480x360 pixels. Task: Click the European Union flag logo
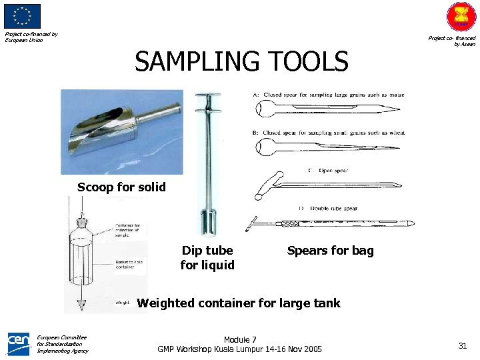click(22, 16)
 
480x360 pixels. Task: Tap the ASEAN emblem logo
click(461, 17)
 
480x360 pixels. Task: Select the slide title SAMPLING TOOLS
click(241, 62)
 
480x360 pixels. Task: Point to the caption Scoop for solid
click(121, 187)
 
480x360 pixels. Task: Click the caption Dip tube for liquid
click(207, 258)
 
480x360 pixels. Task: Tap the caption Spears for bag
click(330, 251)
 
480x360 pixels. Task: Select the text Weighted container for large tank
click(238, 303)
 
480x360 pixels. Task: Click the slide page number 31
click(462, 345)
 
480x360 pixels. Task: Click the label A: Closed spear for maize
click(329, 95)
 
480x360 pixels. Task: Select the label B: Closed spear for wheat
click(329, 133)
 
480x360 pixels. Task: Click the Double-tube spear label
click(329, 208)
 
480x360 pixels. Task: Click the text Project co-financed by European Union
click(31, 37)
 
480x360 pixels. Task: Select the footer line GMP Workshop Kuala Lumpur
click(239, 349)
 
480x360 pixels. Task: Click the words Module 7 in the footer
click(240, 340)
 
